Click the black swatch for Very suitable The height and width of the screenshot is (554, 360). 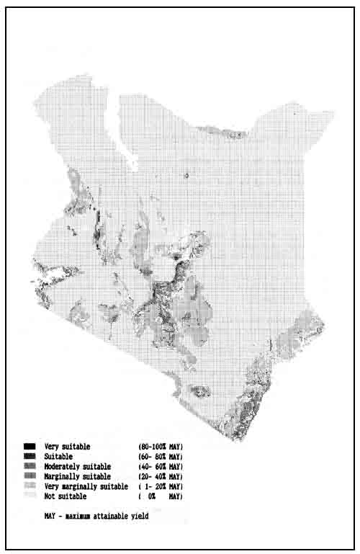(29, 447)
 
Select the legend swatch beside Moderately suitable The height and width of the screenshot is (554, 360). (29, 467)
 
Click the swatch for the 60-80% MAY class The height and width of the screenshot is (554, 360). (29, 457)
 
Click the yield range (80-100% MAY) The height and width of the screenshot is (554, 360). (160, 447)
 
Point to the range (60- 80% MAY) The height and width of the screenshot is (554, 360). (160, 457)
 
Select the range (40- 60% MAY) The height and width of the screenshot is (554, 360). (160, 467)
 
